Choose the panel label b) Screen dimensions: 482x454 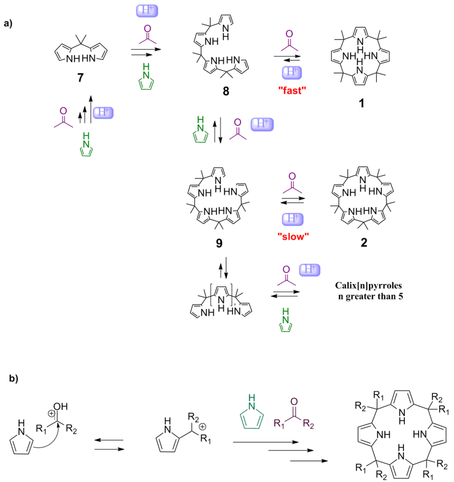pos(15,379)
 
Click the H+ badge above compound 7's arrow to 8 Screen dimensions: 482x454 pos(145,11)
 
